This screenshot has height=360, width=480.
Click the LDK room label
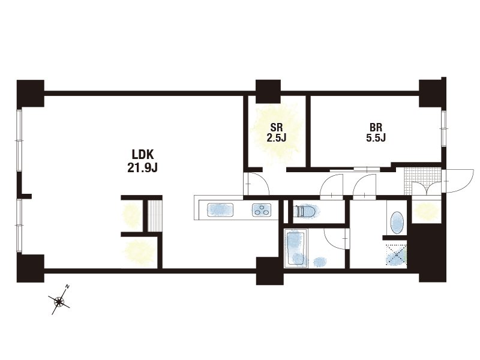tap(142, 155)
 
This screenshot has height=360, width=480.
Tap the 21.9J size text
tap(142, 168)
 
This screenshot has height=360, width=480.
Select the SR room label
tap(277, 127)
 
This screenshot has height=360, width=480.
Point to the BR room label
tap(376, 127)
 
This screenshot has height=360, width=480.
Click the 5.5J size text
tap(376, 138)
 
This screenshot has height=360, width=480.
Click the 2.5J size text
tap(277, 138)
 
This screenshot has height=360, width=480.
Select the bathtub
tap(295, 248)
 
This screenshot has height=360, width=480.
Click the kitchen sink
tap(220, 210)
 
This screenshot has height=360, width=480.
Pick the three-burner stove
tap(262, 210)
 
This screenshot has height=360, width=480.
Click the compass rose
tap(59, 302)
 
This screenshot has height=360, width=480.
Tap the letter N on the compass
tap(68, 287)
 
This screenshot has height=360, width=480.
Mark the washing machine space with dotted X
tap(397, 254)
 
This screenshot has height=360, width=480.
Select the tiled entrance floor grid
tap(423, 181)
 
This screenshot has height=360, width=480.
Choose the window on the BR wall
tap(443, 128)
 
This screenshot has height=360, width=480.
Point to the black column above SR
tap(268, 91)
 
